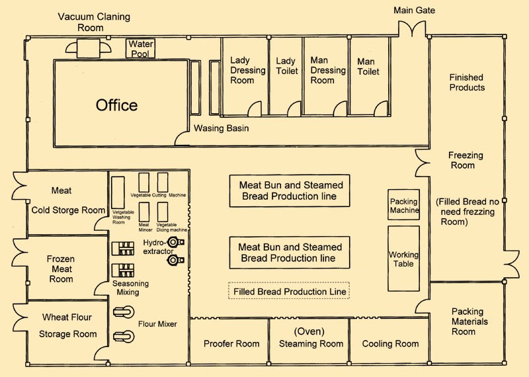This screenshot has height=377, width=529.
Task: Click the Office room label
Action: (x=116, y=105)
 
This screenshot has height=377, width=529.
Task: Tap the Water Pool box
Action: (x=140, y=48)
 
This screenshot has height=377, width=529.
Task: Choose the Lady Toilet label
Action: (x=285, y=66)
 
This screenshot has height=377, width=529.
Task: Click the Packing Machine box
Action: (x=403, y=206)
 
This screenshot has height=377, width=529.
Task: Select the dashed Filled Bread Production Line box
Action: (x=288, y=291)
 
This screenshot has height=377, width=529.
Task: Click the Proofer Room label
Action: (x=231, y=344)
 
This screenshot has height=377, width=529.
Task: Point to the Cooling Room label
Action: (x=390, y=344)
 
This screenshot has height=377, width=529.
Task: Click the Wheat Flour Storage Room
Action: (x=67, y=325)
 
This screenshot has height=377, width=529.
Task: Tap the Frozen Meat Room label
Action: (x=61, y=269)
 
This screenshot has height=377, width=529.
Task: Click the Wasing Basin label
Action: (x=222, y=128)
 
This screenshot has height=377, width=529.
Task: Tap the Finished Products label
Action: (x=467, y=82)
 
